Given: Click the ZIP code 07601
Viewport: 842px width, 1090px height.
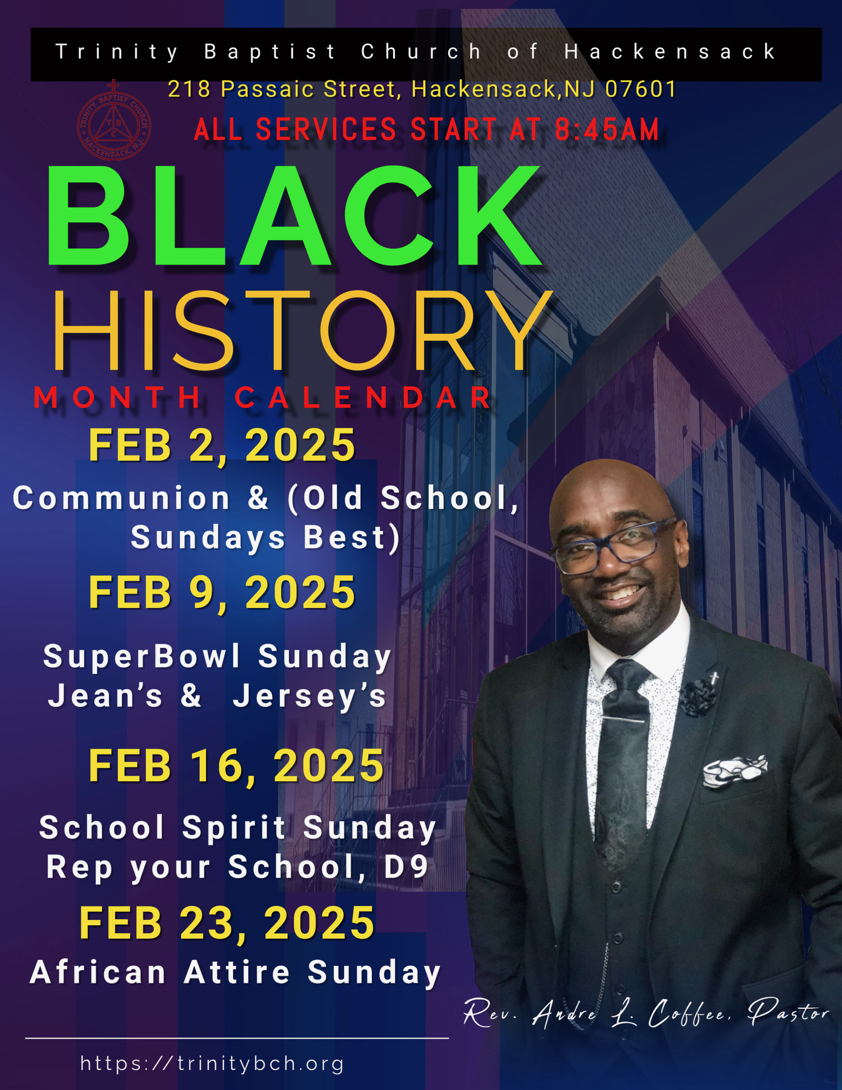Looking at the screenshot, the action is (x=641, y=90).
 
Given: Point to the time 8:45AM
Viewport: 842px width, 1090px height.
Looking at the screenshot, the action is (x=607, y=130).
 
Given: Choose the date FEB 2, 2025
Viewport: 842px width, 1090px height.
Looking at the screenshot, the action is (x=222, y=446).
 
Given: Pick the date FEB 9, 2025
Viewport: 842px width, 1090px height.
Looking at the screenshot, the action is (x=222, y=592).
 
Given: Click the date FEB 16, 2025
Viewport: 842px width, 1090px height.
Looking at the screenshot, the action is (x=236, y=766).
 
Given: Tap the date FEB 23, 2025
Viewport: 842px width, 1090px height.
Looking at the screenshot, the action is (x=227, y=923).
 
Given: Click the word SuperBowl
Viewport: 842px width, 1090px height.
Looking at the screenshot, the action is (x=142, y=657).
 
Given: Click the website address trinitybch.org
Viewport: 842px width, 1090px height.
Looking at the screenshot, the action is (x=212, y=1063).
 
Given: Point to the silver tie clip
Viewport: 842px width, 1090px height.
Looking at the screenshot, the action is (x=623, y=719).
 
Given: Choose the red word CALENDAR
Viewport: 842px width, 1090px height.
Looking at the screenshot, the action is (x=363, y=398).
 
